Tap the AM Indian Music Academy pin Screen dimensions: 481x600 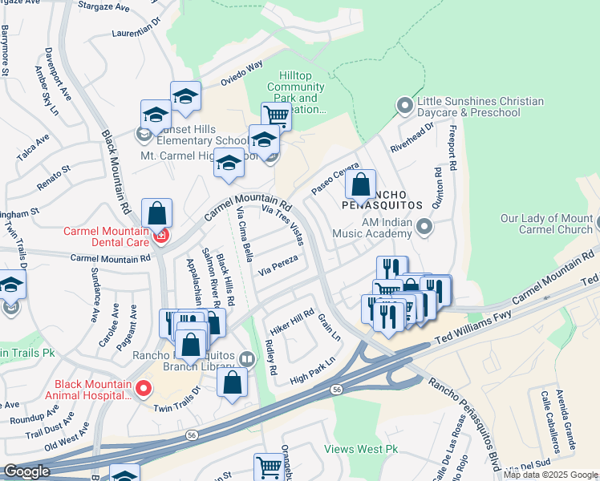pyautogui.click(x=424, y=229)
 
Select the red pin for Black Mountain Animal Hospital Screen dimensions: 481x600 pyautogui.click(x=144, y=389)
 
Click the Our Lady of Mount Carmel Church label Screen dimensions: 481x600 pyautogui.click(x=546, y=224)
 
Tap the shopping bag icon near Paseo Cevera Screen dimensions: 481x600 pyautogui.click(x=361, y=184)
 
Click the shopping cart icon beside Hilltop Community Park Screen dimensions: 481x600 pyautogui.click(x=276, y=115)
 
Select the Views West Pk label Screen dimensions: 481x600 pyautogui.click(x=361, y=449)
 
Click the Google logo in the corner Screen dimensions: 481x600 pyautogui.click(x=26, y=471)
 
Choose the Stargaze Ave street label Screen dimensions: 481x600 pyautogui.click(x=103, y=6)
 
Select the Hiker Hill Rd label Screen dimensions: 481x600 pyautogui.click(x=291, y=320)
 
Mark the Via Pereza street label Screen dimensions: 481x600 pyautogui.click(x=278, y=266)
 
